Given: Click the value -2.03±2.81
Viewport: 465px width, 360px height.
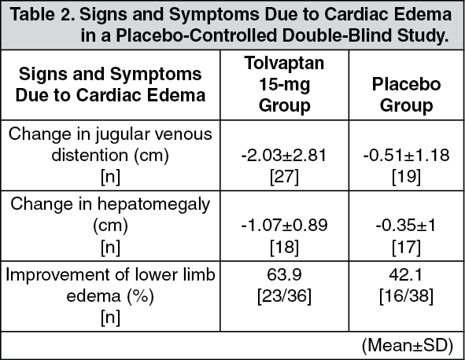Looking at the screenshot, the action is (x=284, y=156).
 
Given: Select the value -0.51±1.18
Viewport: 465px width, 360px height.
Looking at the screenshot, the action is (x=406, y=156).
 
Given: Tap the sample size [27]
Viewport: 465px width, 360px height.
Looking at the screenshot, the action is (x=284, y=177).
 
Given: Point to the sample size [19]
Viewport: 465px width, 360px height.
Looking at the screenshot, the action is (x=406, y=177).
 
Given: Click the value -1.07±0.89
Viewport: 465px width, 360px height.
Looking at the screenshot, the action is (x=284, y=225).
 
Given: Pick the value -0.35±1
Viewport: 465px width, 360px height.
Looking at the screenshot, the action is (x=406, y=225).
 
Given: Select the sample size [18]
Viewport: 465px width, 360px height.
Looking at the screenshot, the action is (x=284, y=247).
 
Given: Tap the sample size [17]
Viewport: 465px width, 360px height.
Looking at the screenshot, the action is (x=406, y=247).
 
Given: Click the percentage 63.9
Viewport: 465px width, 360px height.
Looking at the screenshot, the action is (x=284, y=274).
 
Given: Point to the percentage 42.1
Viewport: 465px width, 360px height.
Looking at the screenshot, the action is (x=406, y=274).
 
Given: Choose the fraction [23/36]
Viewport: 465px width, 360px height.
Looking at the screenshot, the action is (x=284, y=296).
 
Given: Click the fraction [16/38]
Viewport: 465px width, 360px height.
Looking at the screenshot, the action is (x=406, y=296).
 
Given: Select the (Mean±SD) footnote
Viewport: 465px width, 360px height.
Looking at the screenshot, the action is (x=408, y=345).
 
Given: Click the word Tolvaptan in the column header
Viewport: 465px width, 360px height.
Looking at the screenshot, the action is (x=284, y=63).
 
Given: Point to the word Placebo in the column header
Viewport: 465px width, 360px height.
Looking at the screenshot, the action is (x=406, y=84).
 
